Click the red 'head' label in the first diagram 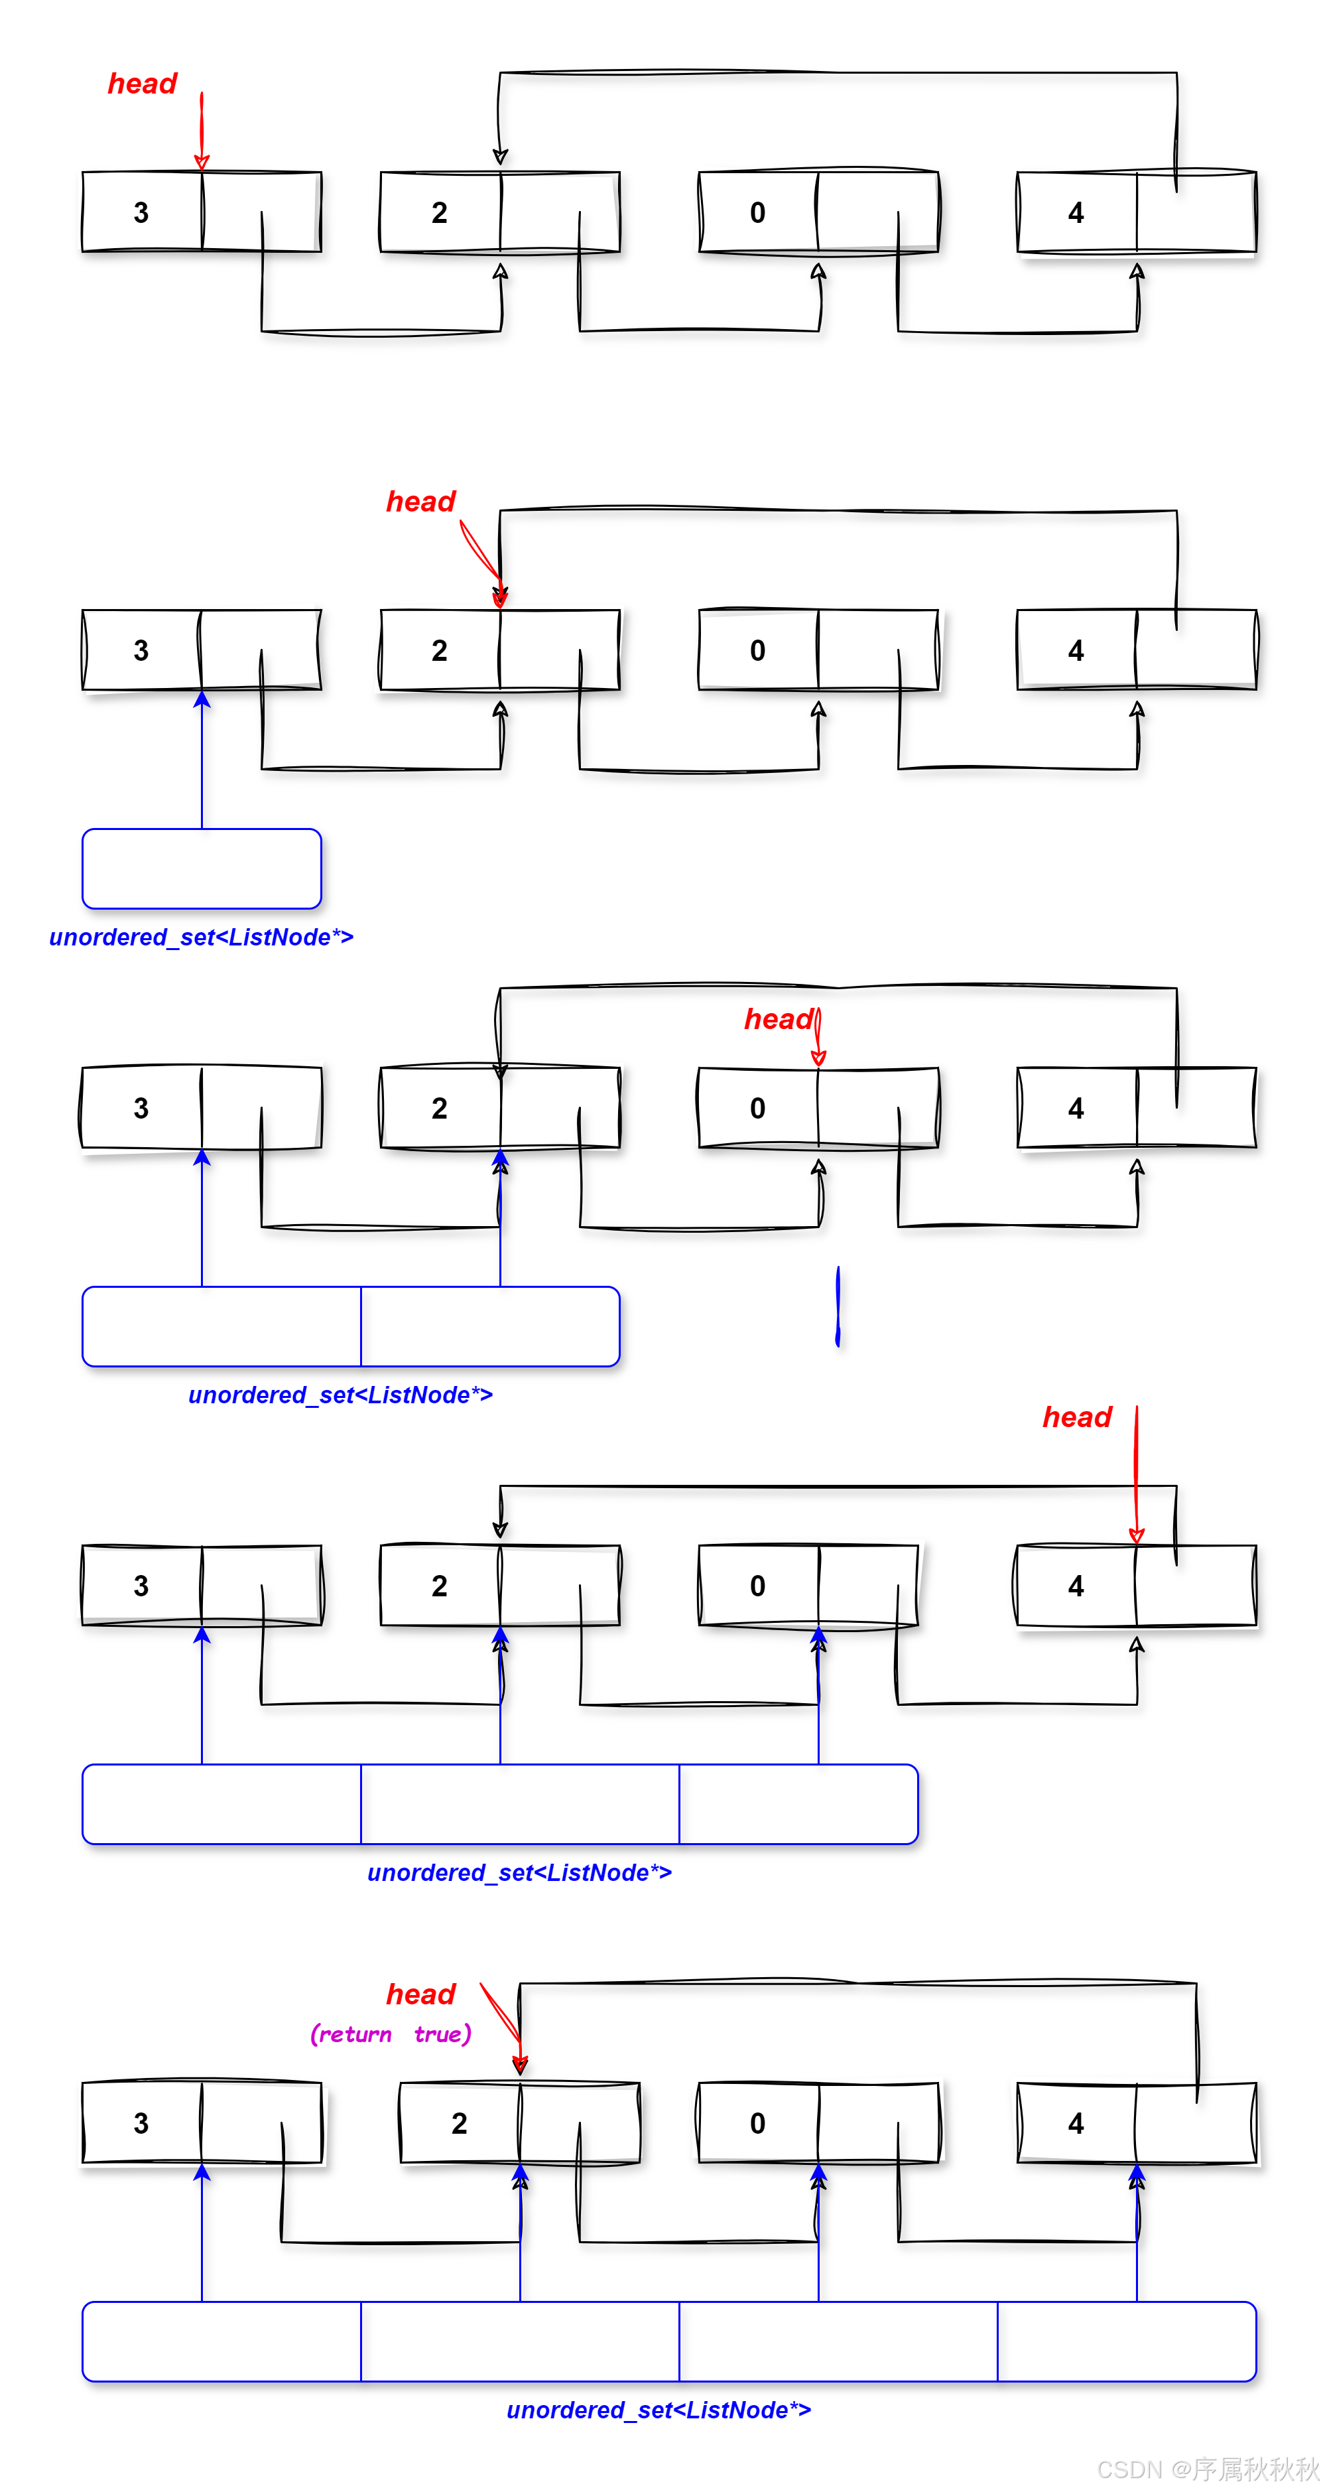click(142, 84)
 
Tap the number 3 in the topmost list click(141, 213)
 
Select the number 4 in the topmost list click(1076, 213)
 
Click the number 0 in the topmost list click(757, 213)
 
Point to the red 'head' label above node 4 click(1076, 1417)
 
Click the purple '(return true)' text click(391, 2034)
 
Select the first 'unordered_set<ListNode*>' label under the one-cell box click(201, 937)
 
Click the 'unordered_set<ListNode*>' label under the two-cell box click(340, 1395)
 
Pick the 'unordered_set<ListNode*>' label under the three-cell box click(519, 1873)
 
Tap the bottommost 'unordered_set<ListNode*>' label click(659, 2410)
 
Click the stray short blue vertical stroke click(838, 1306)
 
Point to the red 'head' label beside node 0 click(777, 1020)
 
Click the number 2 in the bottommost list click(460, 2123)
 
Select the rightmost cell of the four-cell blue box click(1127, 2341)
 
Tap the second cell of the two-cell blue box click(489, 1326)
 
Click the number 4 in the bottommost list click(1076, 2123)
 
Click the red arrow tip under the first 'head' click(201, 163)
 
